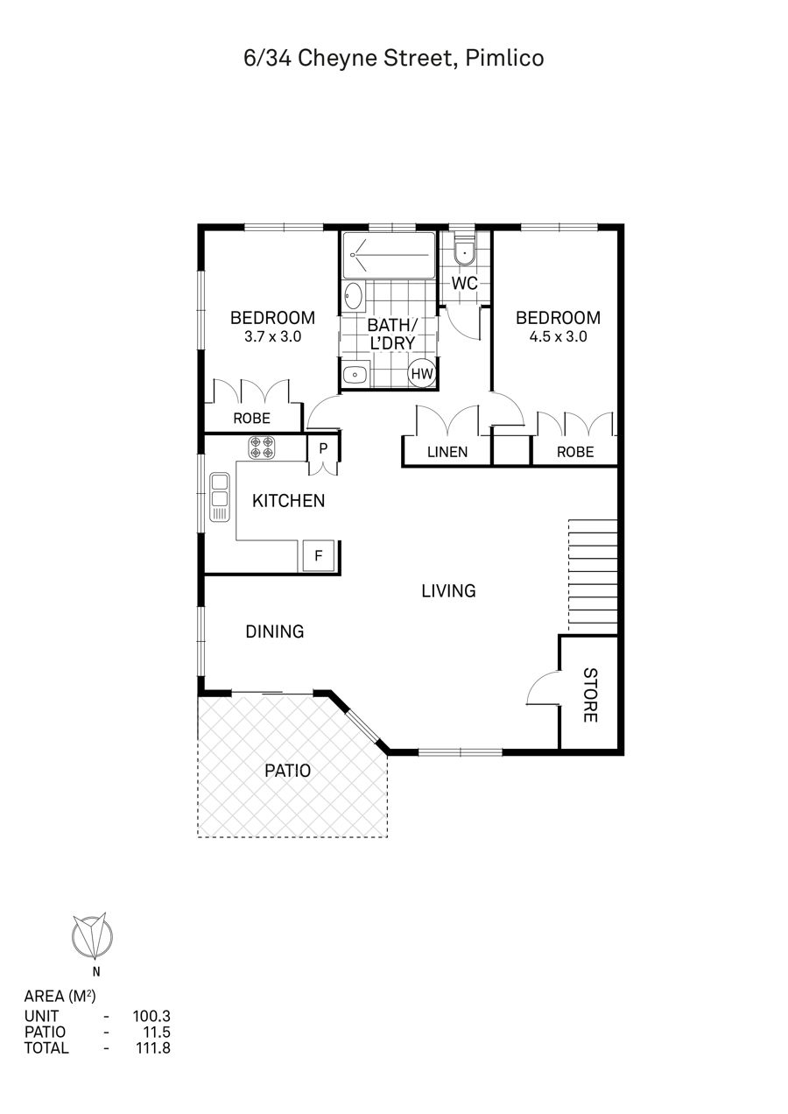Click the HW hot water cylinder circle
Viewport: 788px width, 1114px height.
pyautogui.click(x=422, y=373)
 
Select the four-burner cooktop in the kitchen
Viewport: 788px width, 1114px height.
pyautogui.click(x=262, y=448)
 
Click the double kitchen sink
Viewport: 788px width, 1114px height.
pyautogui.click(x=220, y=497)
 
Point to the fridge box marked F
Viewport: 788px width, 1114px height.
pyautogui.click(x=318, y=555)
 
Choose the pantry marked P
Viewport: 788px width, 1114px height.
pyautogui.click(x=323, y=448)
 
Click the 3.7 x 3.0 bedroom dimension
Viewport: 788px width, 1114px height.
pyautogui.click(x=273, y=336)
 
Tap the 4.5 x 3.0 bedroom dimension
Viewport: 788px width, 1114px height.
pyautogui.click(x=559, y=336)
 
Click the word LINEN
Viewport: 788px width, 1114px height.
pyautogui.click(x=447, y=452)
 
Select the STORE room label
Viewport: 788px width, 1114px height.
pyautogui.click(x=590, y=695)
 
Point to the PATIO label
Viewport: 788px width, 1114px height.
pyautogui.click(x=287, y=771)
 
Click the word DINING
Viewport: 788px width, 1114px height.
pyautogui.click(x=275, y=631)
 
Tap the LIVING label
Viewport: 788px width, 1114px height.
pyautogui.click(x=448, y=591)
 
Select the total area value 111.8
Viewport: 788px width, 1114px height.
pyautogui.click(x=153, y=1047)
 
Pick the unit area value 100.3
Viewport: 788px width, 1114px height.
pyautogui.click(x=151, y=1016)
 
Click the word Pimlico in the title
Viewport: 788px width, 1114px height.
pyautogui.click(x=504, y=58)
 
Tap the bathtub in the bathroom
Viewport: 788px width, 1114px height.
pyautogui.click(x=389, y=255)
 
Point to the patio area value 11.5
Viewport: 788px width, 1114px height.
pyautogui.click(x=156, y=1032)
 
